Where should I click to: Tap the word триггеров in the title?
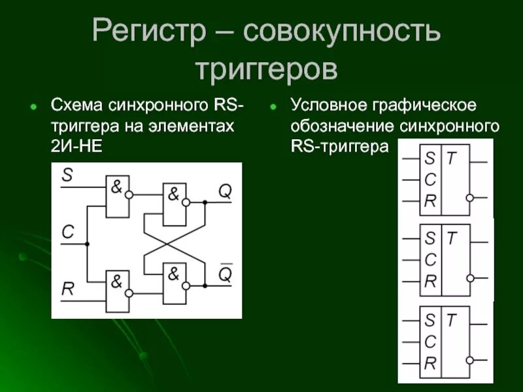coord(266,68)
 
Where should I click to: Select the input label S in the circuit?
coord(67,175)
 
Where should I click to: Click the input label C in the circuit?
coord(68,231)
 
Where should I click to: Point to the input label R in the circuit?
coord(68,288)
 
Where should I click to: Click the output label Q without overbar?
coord(224,191)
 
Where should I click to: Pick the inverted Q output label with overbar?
coord(224,274)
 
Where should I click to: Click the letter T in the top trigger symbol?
coord(451,158)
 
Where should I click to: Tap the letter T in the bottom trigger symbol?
coord(451,319)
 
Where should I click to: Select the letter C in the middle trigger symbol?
coord(430,259)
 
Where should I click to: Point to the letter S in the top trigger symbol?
coord(430,158)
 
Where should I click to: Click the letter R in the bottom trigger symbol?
coord(430,363)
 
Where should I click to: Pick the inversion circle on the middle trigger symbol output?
coord(469,278)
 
